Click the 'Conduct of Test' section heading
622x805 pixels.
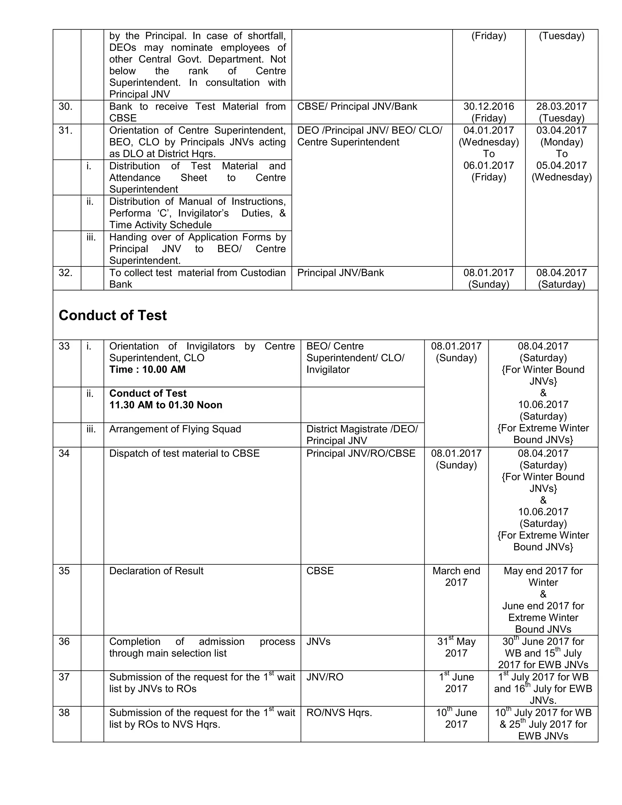coord(112,316)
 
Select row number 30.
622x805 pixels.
coord(65,107)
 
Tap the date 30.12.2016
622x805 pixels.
coord(489,107)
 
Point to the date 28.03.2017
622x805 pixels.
coord(561,107)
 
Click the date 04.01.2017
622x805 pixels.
coord(489,130)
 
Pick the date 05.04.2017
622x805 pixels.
coord(561,166)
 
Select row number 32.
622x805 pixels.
coord(65,273)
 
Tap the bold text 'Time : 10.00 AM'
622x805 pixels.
coord(147,370)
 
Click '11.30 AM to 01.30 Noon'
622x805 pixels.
coord(166,405)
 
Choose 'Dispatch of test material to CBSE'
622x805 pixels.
coord(184,453)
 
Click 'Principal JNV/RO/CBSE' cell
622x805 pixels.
coord(361,453)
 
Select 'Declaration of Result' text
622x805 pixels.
coord(156,571)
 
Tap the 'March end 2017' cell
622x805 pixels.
coord(456,577)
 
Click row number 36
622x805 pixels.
coord(64,642)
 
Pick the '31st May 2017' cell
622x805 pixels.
coord(456,647)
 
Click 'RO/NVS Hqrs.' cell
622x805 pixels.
coord(339,713)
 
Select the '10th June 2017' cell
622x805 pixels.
coord(456,718)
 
